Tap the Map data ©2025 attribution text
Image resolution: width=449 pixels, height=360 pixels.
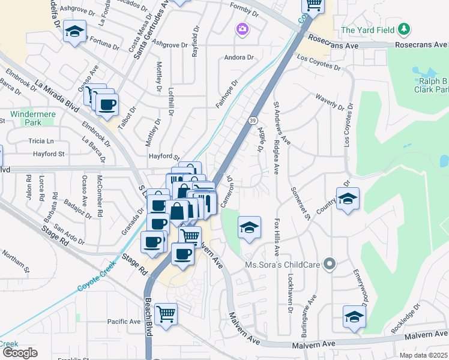tap(423, 355)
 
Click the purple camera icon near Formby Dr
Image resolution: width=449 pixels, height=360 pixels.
tap(243, 29)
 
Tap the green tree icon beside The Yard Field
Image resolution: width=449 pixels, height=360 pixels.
tap(405, 29)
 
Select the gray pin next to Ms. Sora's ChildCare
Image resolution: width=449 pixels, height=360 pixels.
tap(329, 264)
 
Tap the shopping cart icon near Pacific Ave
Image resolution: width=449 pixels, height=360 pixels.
tap(166, 313)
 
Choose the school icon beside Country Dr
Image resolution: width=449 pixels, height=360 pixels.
tap(347, 198)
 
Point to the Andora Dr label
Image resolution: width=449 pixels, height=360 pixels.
tap(239, 58)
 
